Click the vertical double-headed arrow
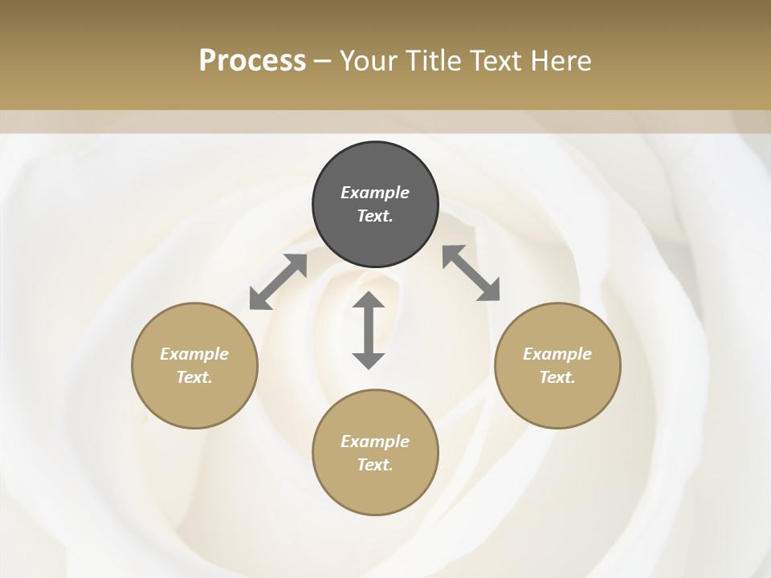pos(369,330)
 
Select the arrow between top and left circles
pos(278,282)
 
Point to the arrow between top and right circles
pos(471,273)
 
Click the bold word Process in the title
pos(252,60)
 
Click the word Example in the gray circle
pos(375,193)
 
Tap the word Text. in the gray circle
pos(375,216)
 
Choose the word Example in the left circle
pos(194,354)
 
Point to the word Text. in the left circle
pos(194,377)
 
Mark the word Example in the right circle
pos(557,354)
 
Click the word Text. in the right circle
pos(557,377)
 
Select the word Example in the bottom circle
pos(375,442)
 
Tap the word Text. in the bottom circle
pos(375,465)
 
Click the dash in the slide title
pos(323,61)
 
